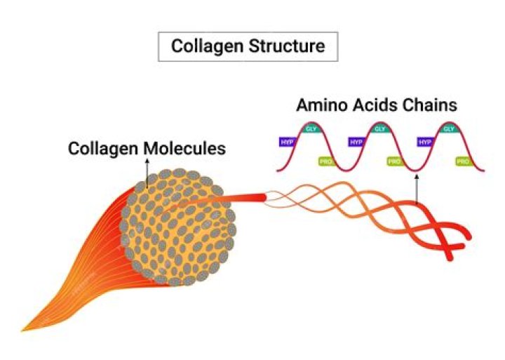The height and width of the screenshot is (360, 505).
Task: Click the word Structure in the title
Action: coord(288,48)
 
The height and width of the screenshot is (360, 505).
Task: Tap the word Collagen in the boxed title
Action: coord(206,48)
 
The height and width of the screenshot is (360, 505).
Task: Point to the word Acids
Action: coord(379,105)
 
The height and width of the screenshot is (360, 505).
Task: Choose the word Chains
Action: coord(432,105)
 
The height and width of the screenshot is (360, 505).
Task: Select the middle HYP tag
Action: coord(356,141)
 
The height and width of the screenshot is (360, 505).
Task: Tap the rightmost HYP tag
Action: coord(425,141)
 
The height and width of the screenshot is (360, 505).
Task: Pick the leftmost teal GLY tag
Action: coord(311,128)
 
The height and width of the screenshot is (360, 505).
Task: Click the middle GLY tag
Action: coord(379,128)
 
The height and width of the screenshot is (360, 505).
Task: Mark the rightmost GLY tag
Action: coord(448,128)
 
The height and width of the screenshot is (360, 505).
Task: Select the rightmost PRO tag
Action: coord(463,161)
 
